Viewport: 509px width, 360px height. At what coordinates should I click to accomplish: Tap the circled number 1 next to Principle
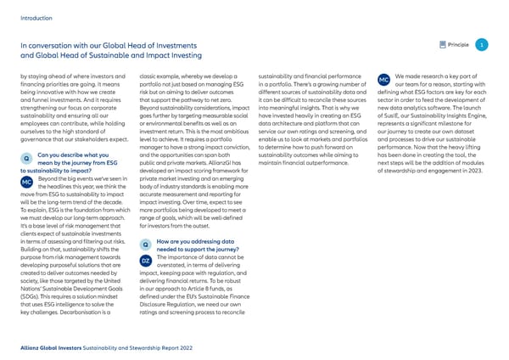coord(481,44)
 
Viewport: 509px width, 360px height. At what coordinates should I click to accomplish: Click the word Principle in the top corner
coord(458,44)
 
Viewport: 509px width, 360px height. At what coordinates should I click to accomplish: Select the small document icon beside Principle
coord(438,44)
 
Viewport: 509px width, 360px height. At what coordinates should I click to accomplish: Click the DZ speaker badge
coord(145,259)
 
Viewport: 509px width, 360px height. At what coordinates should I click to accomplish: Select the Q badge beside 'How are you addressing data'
coord(145,245)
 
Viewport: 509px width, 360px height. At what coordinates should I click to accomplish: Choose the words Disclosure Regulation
coord(166,305)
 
